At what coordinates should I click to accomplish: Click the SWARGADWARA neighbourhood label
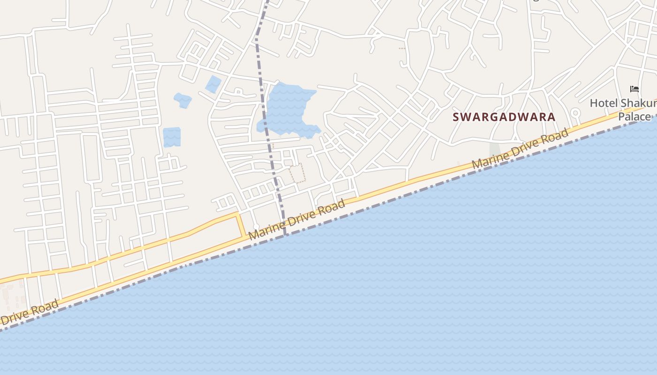click(504, 117)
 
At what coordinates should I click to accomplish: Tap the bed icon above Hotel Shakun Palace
click(634, 89)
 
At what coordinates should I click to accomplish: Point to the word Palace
click(634, 116)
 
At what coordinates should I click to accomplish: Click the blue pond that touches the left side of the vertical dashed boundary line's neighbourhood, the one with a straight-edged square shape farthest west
click(172, 137)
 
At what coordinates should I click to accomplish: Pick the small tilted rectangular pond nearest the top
click(213, 84)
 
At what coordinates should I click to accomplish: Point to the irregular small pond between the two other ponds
click(183, 100)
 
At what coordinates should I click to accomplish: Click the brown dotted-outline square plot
click(298, 173)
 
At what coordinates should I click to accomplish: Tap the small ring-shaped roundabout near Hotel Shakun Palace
click(575, 113)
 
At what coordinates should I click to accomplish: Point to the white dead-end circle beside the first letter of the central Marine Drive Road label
click(256, 227)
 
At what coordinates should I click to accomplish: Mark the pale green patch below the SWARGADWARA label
click(495, 150)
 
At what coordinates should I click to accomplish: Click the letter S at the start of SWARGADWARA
click(456, 117)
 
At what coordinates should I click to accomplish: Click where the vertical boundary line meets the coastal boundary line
click(285, 234)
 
